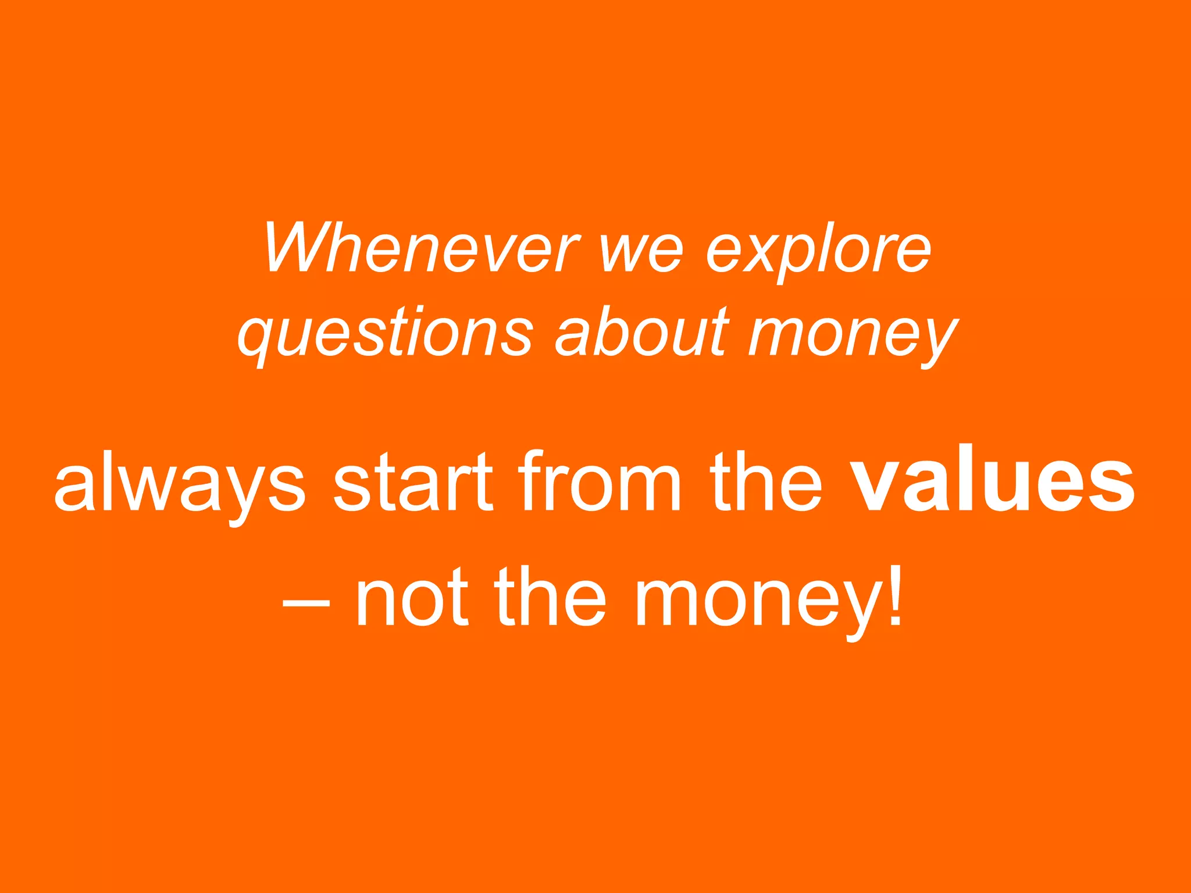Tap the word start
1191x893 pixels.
pos(413,483)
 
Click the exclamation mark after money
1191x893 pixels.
pos(896,595)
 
